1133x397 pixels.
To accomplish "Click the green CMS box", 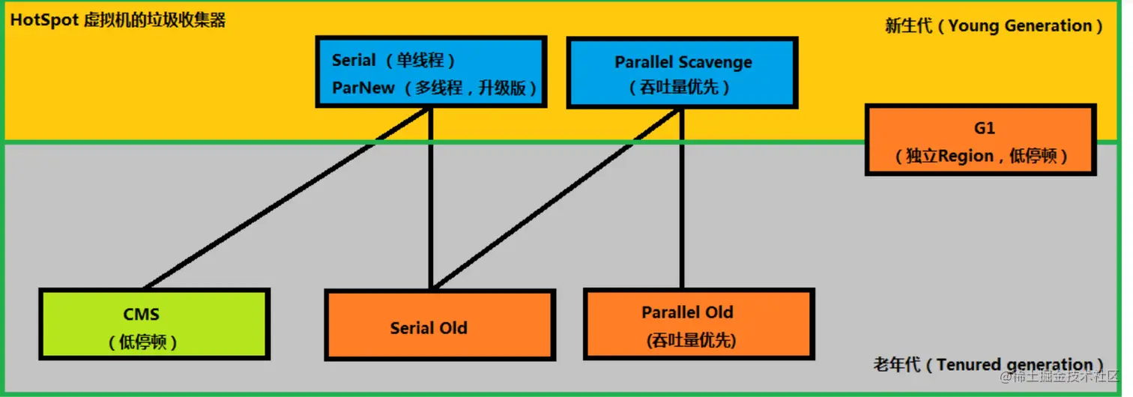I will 154,324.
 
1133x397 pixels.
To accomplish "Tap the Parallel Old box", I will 698,324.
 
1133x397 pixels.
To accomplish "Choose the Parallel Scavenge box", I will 682,73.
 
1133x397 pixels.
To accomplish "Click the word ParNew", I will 363,88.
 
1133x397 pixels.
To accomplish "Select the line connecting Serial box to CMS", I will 285,198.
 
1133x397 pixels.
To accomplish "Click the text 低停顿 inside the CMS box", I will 142,342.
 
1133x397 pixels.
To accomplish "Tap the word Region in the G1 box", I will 965,157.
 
